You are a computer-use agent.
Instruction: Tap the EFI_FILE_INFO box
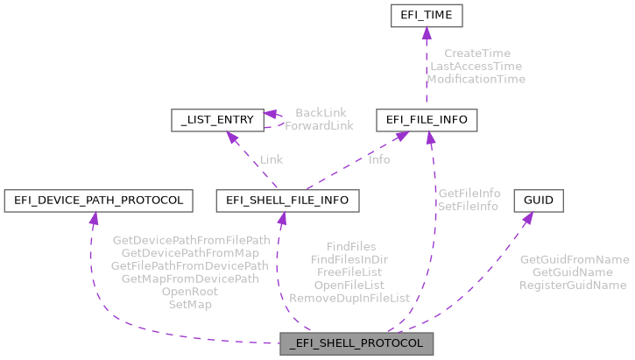pos(426,119)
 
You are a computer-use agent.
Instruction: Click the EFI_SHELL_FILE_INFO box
pos(286,201)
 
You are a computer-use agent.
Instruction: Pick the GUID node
pos(538,201)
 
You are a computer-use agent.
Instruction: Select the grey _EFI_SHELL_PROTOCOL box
pos(356,343)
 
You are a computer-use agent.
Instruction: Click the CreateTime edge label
pos(476,53)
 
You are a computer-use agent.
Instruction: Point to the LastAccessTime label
pos(476,66)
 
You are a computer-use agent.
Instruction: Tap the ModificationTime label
pos(476,79)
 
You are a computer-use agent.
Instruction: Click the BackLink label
pos(321,113)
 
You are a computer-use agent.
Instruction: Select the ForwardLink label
pos(320,125)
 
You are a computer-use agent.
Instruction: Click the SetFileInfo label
pos(469,206)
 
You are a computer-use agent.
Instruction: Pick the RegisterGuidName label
pos(574,285)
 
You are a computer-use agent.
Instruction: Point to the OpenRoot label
pos(190,292)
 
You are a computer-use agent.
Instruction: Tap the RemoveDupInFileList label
pos(349,298)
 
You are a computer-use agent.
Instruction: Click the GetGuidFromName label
pos(574,259)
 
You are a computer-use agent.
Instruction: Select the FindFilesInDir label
pos(349,259)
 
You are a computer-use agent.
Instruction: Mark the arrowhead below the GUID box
pos(528,218)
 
